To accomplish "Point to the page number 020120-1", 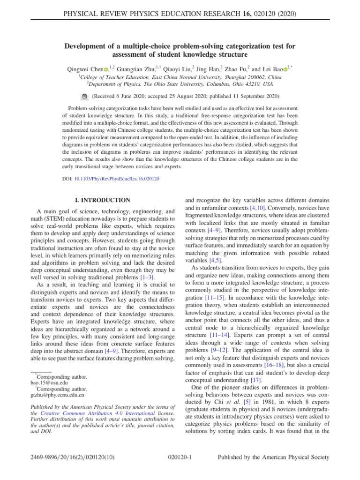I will [180, 457].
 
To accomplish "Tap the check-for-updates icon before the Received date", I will [84, 96].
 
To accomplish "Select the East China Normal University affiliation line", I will [180, 77].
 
